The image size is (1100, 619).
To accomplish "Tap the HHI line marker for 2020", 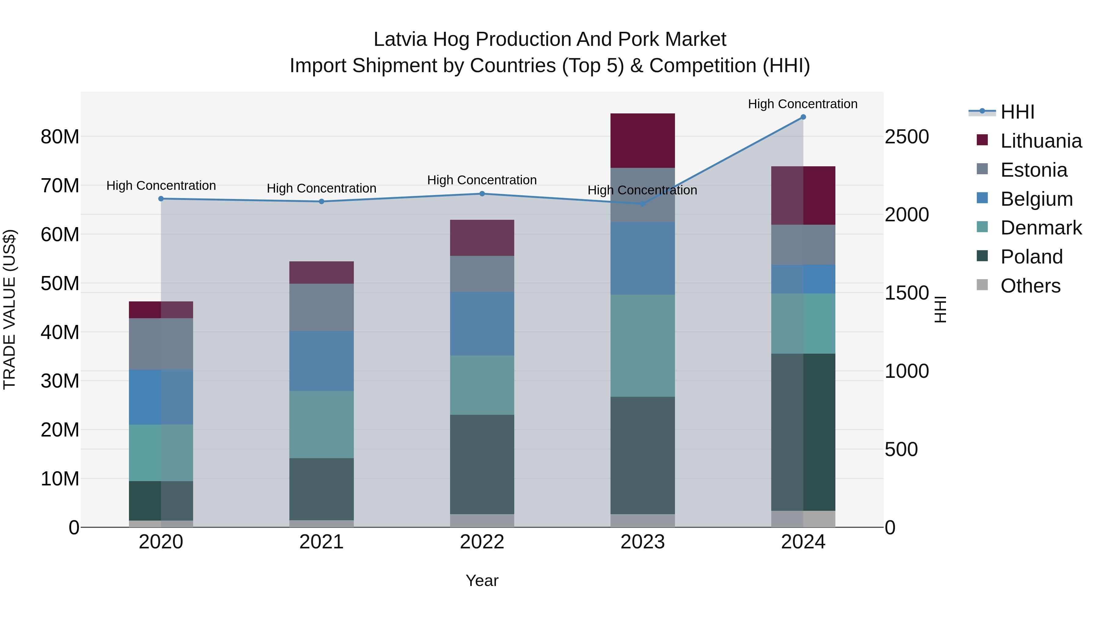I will (161, 199).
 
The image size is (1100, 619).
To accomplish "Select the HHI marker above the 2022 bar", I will (482, 193).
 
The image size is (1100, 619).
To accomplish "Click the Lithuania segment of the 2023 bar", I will (642, 141).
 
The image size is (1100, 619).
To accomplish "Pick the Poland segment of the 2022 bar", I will (482, 464).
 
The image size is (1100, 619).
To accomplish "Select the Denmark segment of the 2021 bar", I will (321, 424).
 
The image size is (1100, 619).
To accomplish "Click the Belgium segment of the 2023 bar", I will (642, 258).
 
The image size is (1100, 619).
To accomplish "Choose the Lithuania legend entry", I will (1041, 141).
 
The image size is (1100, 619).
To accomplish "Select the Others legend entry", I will (1030, 286).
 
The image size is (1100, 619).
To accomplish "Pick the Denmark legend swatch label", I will (1041, 228).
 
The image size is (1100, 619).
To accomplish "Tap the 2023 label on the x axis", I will (642, 542).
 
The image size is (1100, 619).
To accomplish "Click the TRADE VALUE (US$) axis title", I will (9, 309).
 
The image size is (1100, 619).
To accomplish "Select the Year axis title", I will (482, 580).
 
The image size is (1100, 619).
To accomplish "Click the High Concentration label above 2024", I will (802, 104).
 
